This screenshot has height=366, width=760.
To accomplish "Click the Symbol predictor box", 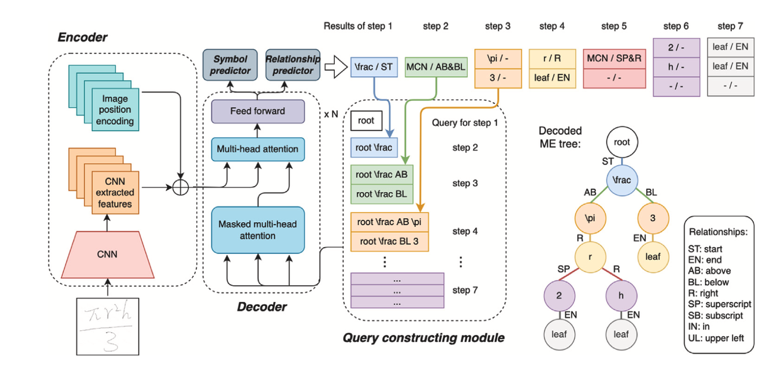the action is point(230,65).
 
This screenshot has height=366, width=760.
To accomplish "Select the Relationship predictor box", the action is point(293,65).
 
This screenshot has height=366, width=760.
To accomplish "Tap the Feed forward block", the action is point(258,111).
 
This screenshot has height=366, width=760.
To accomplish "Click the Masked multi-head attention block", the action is point(258,230).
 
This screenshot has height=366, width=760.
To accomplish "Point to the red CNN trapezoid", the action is point(107,255).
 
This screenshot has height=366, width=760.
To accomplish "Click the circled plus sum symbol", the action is point(180,187).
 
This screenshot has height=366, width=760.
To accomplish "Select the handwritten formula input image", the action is point(107,326).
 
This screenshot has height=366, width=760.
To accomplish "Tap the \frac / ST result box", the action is point(374,67).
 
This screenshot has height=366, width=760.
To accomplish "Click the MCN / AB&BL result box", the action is point(436,67).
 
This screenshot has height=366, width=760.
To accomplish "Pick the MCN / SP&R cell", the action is point(615,59).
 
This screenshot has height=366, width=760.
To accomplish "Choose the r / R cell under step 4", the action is point(552,59).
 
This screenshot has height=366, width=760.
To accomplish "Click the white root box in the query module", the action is point(366,121).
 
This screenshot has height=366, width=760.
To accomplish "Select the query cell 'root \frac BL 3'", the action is point(389,241).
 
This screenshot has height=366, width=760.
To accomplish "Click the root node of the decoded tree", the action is point(622,142).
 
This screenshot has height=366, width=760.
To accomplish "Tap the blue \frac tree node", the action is point(622,180).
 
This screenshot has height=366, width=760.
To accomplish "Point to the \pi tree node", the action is point(590,218).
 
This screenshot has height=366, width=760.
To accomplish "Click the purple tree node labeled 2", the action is point(559,295).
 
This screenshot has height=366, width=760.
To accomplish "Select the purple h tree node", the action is point(621,295).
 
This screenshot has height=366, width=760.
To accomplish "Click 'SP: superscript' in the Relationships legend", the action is point(720,304).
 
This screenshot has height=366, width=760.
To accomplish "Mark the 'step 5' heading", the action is point(614,26).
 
